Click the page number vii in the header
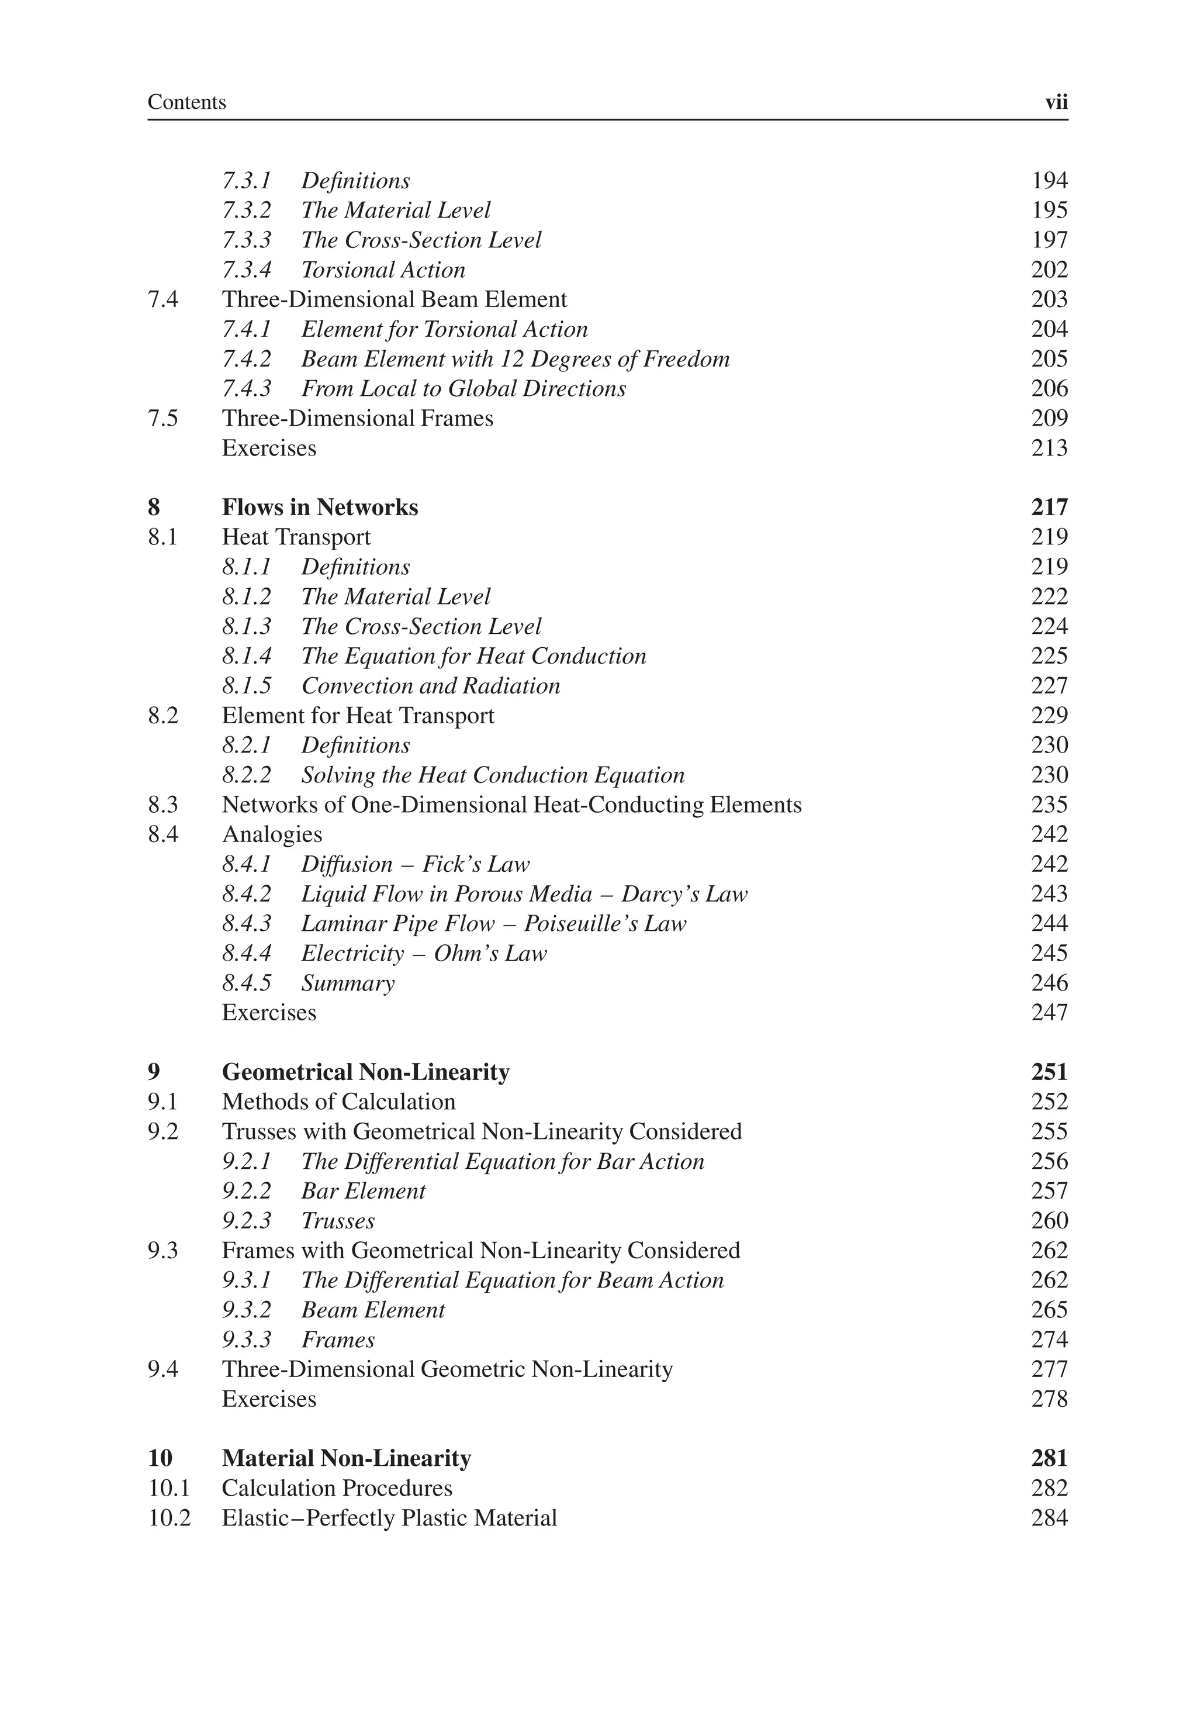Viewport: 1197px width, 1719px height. click(1056, 102)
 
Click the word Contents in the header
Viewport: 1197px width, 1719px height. click(186, 102)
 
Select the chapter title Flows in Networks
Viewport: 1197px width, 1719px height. click(320, 508)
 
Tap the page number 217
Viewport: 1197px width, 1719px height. click(1049, 508)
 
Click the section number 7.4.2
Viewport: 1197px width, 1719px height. click(246, 360)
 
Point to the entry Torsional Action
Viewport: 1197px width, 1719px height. click(382, 270)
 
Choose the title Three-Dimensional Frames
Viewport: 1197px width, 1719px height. click(357, 419)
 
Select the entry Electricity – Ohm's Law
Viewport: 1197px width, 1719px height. click(424, 953)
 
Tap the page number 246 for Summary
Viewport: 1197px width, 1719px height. click(1049, 983)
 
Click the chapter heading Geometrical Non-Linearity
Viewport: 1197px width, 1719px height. click(365, 1072)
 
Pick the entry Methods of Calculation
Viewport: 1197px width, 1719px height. click(338, 1102)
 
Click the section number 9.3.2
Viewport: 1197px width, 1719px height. click(246, 1310)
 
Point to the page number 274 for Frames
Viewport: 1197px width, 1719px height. click(1049, 1340)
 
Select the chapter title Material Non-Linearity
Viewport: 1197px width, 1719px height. click(346, 1458)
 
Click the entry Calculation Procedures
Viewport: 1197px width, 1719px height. click(337, 1489)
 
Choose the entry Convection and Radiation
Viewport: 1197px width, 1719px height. click(430, 686)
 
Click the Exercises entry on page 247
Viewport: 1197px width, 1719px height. click(269, 1013)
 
